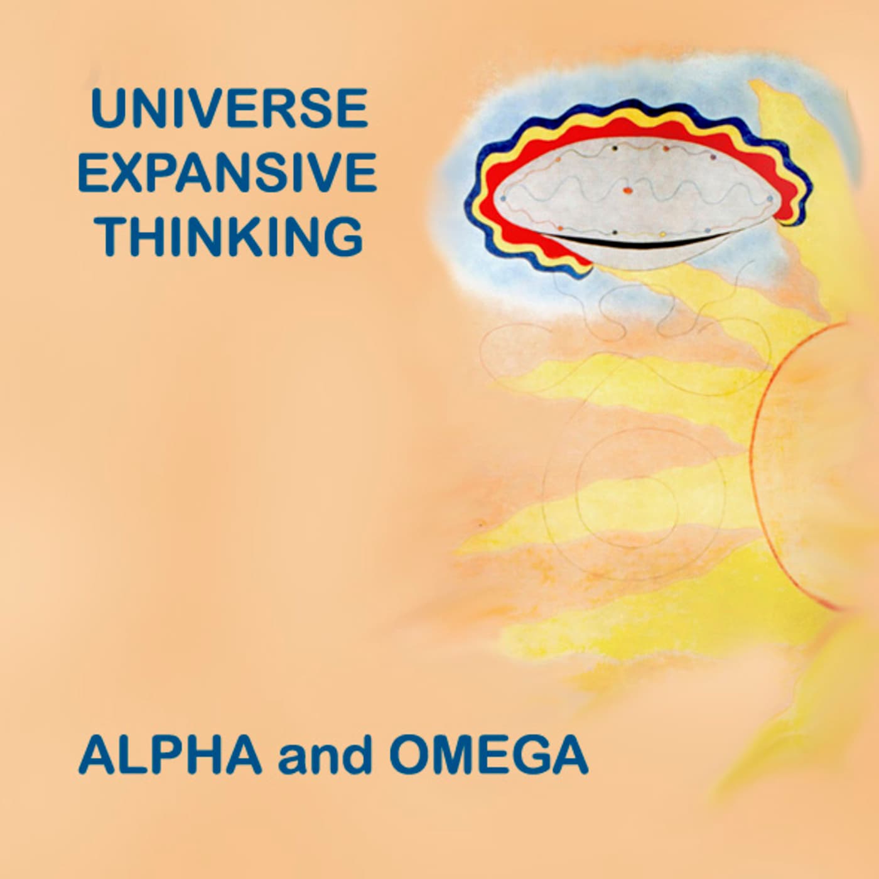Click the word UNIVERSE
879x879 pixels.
(x=229, y=109)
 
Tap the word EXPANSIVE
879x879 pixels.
(x=227, y=173)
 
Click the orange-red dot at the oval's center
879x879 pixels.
(x=627, y=188)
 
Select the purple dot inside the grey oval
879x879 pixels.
(x=715, y=157)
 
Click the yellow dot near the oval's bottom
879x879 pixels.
(x=663, y=234)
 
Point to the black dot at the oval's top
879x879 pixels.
(x=615, y=148)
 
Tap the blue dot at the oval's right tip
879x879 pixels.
(x=770, y=198)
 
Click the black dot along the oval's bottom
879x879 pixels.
(x=615, y=233)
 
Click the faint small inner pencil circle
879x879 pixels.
(x=576, y=483)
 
